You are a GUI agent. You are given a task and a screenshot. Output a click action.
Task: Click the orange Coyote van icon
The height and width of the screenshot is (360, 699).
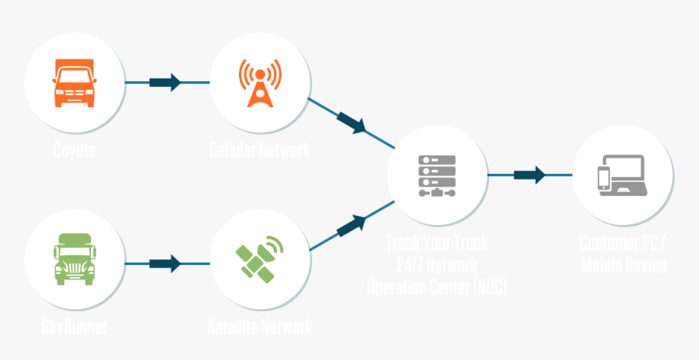pos(74,82)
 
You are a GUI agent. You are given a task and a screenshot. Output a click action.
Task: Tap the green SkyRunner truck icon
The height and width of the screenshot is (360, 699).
pos(74,258)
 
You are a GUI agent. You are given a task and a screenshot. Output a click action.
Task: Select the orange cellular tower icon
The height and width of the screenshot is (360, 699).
pos(260,82)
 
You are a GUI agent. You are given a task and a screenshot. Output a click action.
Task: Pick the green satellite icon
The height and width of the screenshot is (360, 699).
pos(260,258)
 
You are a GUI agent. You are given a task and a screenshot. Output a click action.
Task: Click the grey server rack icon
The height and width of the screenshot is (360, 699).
pos(437,176)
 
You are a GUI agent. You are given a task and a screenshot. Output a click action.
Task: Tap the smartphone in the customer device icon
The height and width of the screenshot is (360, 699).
pos(604,178)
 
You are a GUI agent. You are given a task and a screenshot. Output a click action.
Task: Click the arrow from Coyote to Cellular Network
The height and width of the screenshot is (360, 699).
pos(166,82)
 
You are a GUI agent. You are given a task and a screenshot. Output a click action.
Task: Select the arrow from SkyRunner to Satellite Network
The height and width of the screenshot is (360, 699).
pos(166,263)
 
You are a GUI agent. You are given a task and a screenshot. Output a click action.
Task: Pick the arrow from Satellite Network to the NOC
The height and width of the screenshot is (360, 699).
pos(352,224)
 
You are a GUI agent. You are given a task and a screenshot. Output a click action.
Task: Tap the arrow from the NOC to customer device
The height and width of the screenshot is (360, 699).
pos(529,175)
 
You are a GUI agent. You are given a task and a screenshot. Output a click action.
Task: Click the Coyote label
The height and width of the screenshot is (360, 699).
pos(74,150)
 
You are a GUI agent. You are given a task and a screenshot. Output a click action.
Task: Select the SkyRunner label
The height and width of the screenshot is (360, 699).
pos(74,328)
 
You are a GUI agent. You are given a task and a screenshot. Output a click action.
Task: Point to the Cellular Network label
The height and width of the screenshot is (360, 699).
pos(260,150)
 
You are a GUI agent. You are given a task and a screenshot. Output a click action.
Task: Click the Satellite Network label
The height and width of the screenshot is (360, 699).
pos(260,328)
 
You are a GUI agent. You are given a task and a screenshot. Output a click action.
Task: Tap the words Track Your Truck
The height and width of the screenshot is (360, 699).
pos(437,242)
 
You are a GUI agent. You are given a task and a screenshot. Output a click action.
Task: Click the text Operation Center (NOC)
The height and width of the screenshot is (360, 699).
pos(437,286)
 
